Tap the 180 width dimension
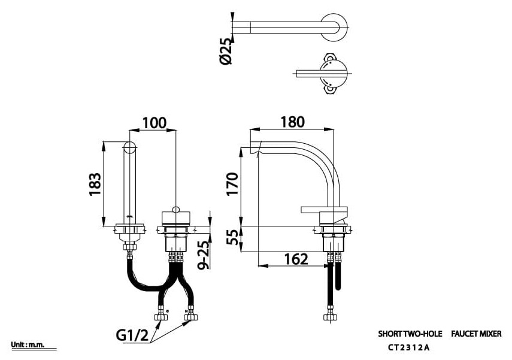tap(292, 122)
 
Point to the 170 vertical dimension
tap(232, 184)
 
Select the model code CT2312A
tap(409, 347)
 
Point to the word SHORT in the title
tap(390, 334)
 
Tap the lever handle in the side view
tap(324, 210)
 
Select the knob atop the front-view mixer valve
tap(175, 210)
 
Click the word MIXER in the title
tap(490, 334)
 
